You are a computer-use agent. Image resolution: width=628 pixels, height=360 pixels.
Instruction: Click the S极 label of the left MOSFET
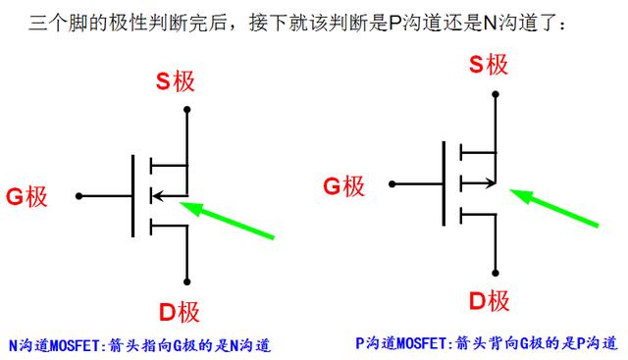click(178, 80)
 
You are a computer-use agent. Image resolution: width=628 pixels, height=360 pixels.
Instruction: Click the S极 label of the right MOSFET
click(488, 66)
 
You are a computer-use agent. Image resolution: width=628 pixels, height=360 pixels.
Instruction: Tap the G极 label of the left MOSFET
click(26, 195)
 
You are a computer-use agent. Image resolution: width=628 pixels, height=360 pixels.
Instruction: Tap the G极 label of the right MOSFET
click(343, 184)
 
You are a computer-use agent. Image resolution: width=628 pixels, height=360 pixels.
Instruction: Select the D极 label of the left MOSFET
click(179, 312)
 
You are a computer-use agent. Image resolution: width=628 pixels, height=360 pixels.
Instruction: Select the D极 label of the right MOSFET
click(488, 299)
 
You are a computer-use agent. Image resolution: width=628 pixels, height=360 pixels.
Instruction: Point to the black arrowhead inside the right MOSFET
click(490, 182)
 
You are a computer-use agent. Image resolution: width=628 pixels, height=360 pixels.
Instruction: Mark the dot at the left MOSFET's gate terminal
click(78, 196)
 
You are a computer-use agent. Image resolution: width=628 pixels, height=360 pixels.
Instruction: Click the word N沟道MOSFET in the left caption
click(49, 345)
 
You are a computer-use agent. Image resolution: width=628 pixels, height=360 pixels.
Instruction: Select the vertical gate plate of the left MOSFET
click(132, 195)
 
